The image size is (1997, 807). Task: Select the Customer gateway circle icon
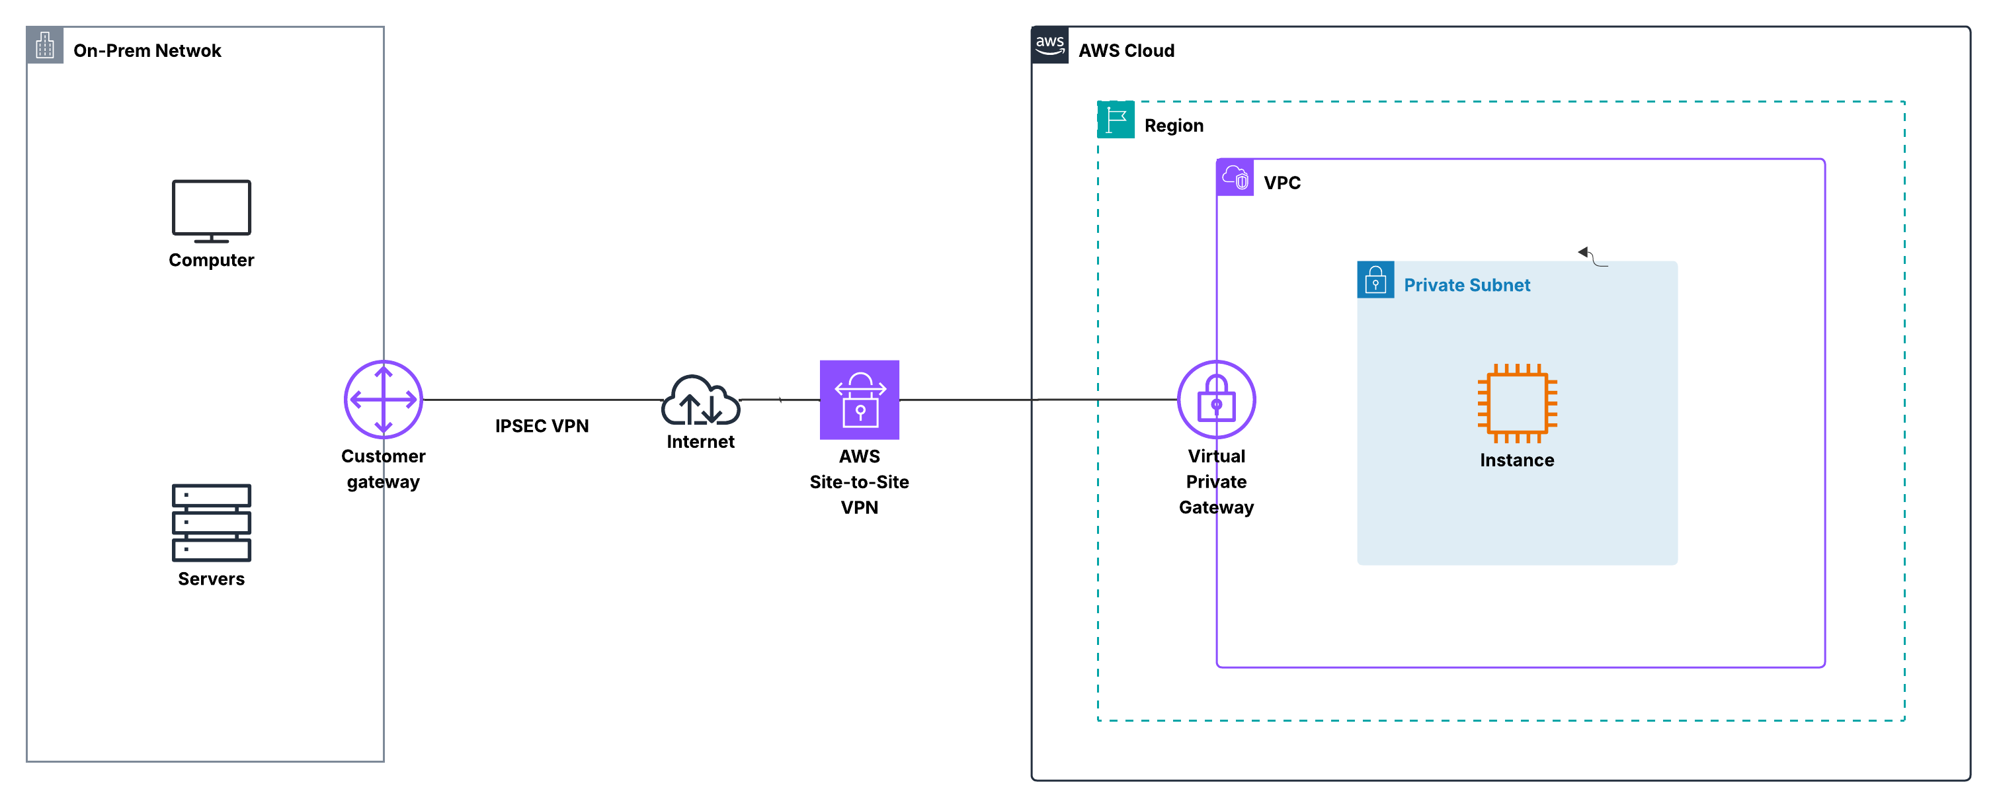click(x=383, y=400)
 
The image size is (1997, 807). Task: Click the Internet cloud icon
click(x=700, y=401)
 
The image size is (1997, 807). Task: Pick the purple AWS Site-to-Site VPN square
click(x=859, y=400)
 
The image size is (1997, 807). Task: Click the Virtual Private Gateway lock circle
click(x=1215, y=400)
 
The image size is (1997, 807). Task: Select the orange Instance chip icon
click(x=1516, y=403)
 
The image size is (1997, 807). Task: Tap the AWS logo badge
click(x=1049, y=45)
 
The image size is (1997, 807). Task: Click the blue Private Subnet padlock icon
click(x=1375, y=280)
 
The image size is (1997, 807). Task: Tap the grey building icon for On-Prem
click(x=45, y=45)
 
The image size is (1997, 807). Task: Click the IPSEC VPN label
click(x=542, y=425)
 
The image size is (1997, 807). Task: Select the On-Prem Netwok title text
click(x=147, y=50)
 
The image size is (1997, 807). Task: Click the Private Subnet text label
click(x=1467, y=285)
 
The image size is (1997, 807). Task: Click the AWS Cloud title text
click(x=1125, y=50)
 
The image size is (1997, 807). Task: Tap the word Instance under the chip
click(x=1516, y=460)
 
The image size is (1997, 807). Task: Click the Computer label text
click(x=211, y=260)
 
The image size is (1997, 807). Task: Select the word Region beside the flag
click(x=1174, y=126)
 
